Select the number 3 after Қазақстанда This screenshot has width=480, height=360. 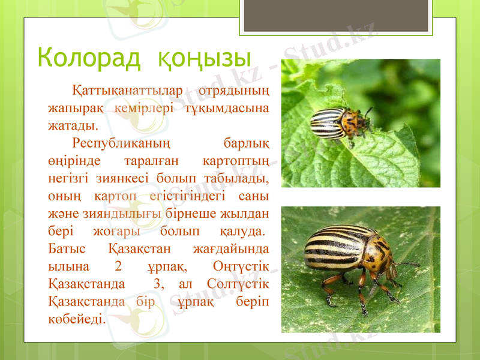[x=157, y=283]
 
